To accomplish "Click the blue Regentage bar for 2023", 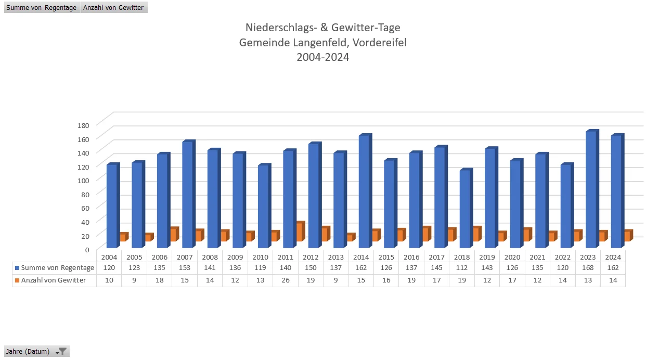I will pyautogui.click(x=591, y=190).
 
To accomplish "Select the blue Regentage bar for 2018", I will pyautogui.click(x=464, y=208).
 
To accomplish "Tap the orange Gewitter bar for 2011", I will pyautogui.click(x=299, y=232).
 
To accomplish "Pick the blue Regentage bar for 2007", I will pyautogui.click(x=187, y=195).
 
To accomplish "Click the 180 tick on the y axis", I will pyautogui.click(x=84, y=125).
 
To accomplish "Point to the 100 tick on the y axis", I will pyautogui.click(x=84, y=180).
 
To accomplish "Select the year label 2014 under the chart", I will pyautogui.click(x=361, y=257).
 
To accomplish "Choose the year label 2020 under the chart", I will pyautogui.click(x=512, y=257).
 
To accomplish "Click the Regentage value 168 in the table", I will pyautogui.click(x=588, y=268).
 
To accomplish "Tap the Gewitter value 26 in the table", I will pyautogui.click(x=286, y=280).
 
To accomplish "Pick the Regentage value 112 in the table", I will pyautogui.click(x=462, y=268).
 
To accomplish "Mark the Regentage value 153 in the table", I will pyautogui.click(x=185, y=268).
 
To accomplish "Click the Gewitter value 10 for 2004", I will pyautogui.click(x=109, y=280).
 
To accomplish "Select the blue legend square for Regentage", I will pyautogui.click(x=17, y=268).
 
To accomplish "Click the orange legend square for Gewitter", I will pyautogui.click(x=17, y=280).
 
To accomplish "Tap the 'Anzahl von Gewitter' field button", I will pyautogui.click(x=114, y=8).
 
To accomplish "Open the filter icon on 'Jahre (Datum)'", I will pyautogui.click(x=62, y=352).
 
